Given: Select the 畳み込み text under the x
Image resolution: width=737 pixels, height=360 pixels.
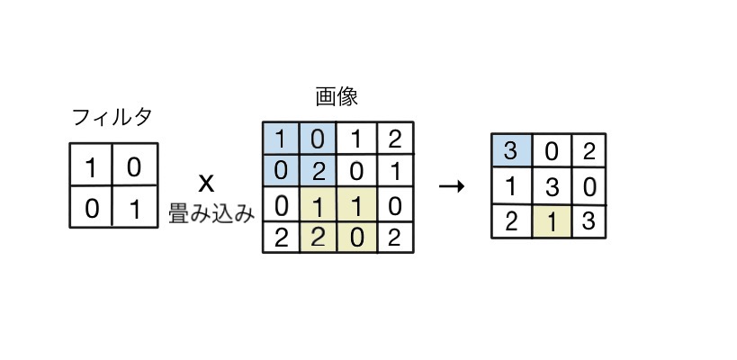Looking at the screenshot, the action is (x=211, y=214).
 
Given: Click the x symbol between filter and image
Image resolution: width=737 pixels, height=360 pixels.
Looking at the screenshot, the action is (x=206, y=184).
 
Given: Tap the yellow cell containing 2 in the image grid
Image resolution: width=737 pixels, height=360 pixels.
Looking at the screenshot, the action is (x=317, y=238).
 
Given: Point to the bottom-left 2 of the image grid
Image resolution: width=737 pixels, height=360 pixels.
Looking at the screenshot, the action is (x=281, y=238).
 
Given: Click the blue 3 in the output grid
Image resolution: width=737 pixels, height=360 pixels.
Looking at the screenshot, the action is (x=511, y=150).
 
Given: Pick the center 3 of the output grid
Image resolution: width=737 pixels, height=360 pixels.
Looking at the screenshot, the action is (x=551, y=186).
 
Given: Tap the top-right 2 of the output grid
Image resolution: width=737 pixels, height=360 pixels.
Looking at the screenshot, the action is (x=589, y=150).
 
